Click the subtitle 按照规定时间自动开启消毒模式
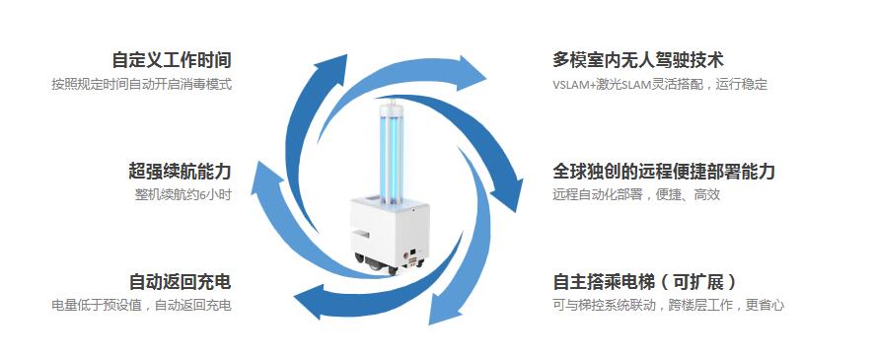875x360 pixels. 142,85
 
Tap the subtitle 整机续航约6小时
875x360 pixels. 183,195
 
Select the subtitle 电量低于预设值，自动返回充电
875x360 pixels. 142,306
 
